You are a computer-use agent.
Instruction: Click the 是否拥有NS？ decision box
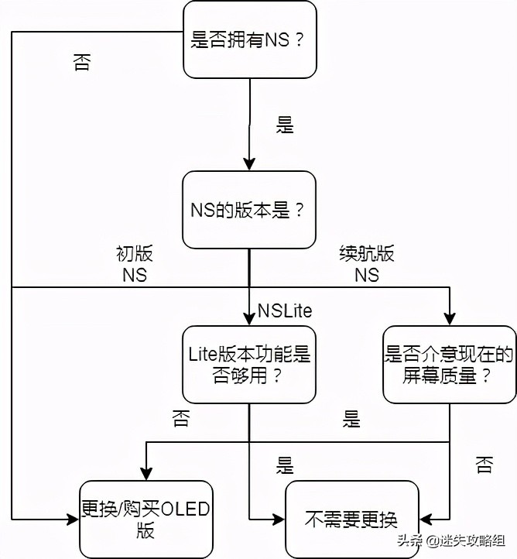(x=249, y=39)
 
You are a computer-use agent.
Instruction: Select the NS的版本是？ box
(x=249, y=210)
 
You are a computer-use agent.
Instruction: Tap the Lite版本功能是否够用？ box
(x=249, y=365)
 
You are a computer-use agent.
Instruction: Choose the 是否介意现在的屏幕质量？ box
(x=449, y=365)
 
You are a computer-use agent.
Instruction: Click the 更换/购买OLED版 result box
(x=145, y=519)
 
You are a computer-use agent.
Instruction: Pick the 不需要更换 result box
(x=352, y=519)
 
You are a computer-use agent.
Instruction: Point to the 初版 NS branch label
(x=134, y=263)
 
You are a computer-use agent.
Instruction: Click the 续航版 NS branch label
(x=367, y=263)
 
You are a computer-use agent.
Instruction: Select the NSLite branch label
(x=285, y=311)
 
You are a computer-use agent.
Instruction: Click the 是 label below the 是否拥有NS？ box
(x=285, y=125)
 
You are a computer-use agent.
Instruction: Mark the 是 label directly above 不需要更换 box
(x=285, y=465)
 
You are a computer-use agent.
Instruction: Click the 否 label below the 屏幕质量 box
(x=484, y=465)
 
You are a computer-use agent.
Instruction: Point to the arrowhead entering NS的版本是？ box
(x=249, y=165)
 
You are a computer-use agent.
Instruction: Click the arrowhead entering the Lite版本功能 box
(x=249, y=319)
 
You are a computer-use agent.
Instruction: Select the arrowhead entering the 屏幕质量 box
(x=449, y=319)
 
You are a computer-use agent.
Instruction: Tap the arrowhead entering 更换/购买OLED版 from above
(x=145, y=474)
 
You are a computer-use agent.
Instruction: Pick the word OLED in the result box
(x=178, y=510)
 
